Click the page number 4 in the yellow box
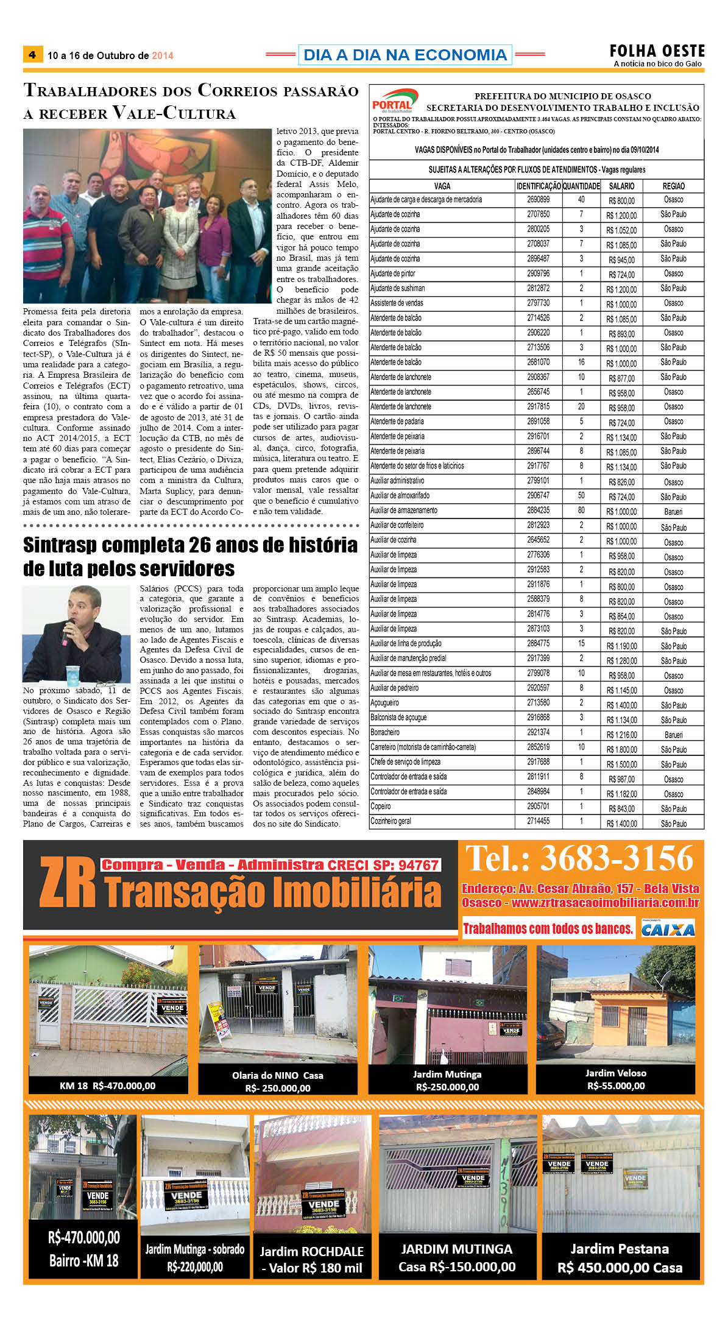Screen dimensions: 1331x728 [x=32, y=54]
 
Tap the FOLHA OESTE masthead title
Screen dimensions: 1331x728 [x=657, y=51]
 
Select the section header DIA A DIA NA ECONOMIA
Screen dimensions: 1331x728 [x=405, y=55]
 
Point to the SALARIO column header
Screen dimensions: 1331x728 [x=621, y=186]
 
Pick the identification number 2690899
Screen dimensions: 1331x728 [x=538, y=200]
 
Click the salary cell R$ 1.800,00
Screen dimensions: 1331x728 [x=621, y=750]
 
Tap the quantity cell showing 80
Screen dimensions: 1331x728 [x=581, y=510]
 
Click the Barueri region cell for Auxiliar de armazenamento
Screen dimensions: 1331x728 [x=673, y=512]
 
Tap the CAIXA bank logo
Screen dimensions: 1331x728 [x=668, y=930]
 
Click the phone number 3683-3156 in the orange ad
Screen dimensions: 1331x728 [x=617, y=858]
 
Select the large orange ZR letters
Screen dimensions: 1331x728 [x=67, y=883]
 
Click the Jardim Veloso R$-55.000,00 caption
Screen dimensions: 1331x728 [x=615, y=1079]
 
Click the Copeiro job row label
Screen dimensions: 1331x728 [x=381, y=807]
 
